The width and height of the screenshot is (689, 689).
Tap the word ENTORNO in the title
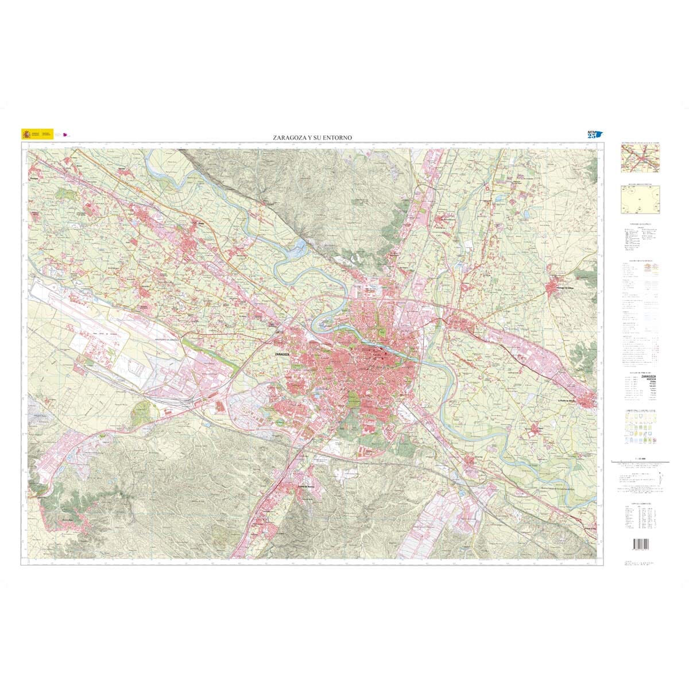pos(340,138)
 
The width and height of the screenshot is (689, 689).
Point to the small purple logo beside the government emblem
pos(65,135)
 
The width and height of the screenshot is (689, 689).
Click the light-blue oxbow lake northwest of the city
pos(300,248)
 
